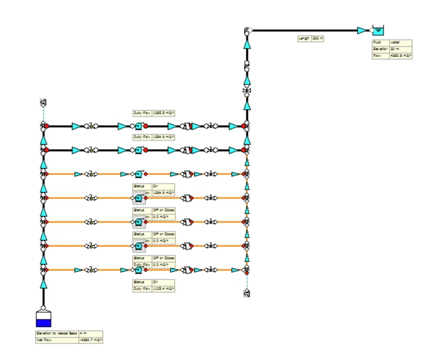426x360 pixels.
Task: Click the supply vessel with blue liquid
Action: coord(43,319)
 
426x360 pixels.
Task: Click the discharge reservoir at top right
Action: coord(377,30)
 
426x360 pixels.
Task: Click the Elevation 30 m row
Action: coord(387,49)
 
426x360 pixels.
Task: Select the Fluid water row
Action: coord(387,42)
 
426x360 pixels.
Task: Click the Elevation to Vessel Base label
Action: coord(56,333)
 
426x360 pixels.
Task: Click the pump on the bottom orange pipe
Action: coord(139,270)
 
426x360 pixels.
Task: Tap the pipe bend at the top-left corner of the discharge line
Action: coord(247,30)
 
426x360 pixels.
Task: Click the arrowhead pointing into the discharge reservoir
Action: coord(362,30)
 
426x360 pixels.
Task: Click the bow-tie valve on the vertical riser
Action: coord(247,92)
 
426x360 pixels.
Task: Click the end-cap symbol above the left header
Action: coord(43,102)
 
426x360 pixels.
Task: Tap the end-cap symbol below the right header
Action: coord(247,293)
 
